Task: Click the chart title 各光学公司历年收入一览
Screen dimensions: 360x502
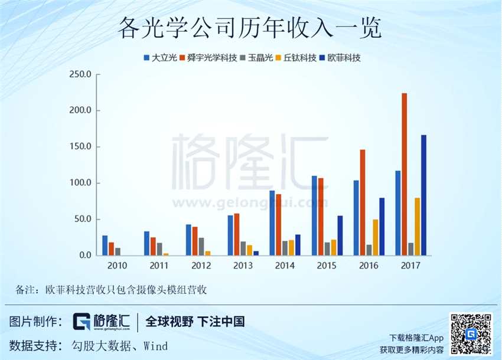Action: coord(250,28)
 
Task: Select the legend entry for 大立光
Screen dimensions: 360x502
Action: coord(160,58)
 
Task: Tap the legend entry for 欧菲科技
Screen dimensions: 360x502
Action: coord(340,58)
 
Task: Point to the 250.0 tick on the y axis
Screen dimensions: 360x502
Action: coord(80,75)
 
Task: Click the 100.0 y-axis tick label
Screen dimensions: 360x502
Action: coord(80,183)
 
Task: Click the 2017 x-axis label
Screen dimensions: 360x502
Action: coord(410,266)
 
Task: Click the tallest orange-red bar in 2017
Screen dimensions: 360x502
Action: coord(405,174)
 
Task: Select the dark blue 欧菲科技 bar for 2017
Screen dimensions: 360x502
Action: coord(423,195)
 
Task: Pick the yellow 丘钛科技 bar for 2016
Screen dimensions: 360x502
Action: coord(375,237)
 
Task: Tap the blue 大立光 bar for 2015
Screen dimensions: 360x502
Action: coord(314,215)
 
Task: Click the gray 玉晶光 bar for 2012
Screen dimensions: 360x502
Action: coord(201,247)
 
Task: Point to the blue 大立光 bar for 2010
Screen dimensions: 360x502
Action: coord(105,246)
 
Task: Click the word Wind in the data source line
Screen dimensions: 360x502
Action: coord(155,346)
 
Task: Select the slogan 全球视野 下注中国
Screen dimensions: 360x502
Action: coord(195,322)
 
